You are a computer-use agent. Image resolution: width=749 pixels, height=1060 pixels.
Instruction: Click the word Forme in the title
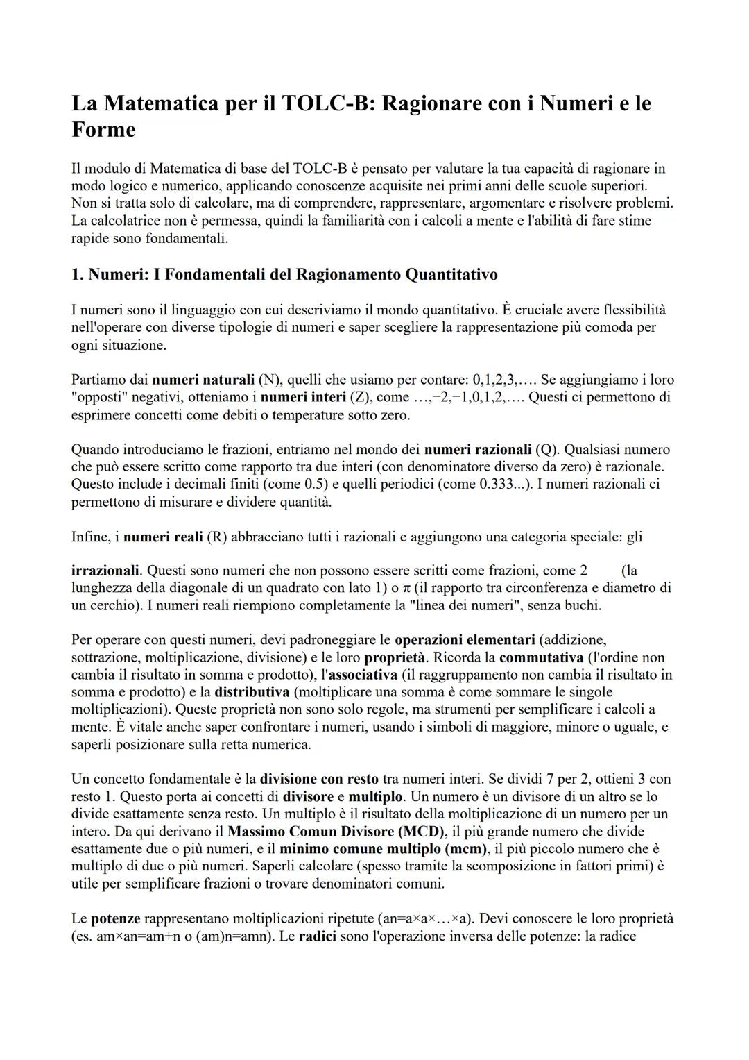click(x=103, y=130)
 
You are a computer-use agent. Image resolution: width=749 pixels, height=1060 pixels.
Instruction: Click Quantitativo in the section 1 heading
click(x=451, y=274)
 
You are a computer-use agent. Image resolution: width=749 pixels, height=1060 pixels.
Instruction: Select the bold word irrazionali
click(x=105, y=571)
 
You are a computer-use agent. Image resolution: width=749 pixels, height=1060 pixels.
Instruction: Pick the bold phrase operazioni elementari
click(x=465, y=639)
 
